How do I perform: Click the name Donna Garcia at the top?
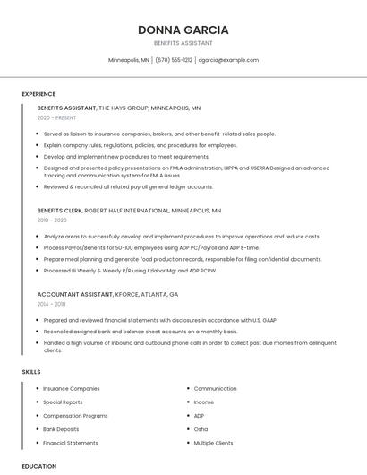tap(183, 30)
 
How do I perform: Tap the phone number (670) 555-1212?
tap(174, 60)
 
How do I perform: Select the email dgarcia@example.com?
tap(228, 60)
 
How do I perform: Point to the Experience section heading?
tap(38, 94)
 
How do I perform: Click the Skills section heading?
tap(31, 371)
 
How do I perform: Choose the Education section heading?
tap(38, 466)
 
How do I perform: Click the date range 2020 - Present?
tap(56, 117)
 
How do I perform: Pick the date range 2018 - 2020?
tap(52, 220)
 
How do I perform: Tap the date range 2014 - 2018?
tap(52, 304)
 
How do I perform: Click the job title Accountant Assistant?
tap(75, 294)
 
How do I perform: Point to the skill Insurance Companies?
tap(72, 389)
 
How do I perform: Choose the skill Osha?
tap(201, 429)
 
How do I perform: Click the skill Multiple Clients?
tap(213, 443)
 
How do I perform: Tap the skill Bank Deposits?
tap(61, 429)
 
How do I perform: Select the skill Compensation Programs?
tap(75, 416)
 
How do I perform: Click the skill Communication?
tap(215, 389)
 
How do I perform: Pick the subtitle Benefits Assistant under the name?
tap(183, 43)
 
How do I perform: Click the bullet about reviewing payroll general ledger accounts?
tap(128, 186)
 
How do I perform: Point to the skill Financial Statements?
tap(71, 443)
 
